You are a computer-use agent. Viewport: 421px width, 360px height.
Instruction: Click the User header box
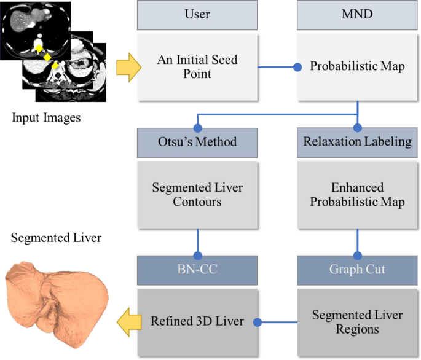coord(197,14)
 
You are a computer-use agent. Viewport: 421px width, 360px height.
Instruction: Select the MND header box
coord(357,14)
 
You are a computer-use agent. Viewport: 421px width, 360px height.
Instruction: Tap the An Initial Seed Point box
coord(197,67)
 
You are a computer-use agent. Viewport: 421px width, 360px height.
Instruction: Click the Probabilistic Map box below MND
coord(357,67)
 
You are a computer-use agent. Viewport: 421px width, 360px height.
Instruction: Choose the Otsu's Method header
coord(197,142)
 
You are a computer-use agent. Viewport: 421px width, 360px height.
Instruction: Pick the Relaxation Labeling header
coord(357,142)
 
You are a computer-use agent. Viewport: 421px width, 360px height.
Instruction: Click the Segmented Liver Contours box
coord(197,194)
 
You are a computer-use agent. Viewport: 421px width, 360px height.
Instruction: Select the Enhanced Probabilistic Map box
coord(357,194)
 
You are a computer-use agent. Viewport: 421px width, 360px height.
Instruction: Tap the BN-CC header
coord(197,268)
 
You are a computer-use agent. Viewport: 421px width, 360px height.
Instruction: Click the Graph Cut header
coord(357,268)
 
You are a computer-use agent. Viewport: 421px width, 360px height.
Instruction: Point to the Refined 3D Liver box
coord(197,321)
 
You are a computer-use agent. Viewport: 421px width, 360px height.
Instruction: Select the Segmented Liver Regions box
coord(357,321)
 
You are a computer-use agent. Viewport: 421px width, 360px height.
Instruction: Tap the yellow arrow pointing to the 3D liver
coord(128,321)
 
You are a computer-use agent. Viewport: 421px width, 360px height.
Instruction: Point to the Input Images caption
coord(45,117)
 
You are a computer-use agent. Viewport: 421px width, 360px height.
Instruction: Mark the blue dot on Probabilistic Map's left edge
coord(297,67)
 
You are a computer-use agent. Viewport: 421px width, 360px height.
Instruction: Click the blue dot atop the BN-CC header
coord(197,254)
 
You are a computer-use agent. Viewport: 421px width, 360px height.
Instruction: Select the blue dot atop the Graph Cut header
coord(357,254)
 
